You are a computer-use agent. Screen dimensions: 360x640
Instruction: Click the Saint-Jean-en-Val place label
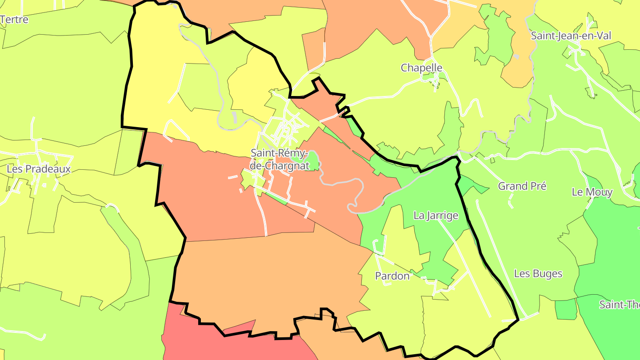[571, 36]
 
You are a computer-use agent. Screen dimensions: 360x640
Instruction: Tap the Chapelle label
[421, 68]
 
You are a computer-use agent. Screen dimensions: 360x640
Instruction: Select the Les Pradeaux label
[39, 169]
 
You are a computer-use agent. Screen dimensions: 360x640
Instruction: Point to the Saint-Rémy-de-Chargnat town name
[280, 159]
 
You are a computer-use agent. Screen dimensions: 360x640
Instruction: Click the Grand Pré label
[522, 186]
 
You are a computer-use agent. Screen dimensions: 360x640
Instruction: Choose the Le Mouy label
[592, 192]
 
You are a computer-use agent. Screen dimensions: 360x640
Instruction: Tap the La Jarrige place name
[436, 216]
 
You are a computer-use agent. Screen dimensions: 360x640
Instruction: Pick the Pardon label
[392, 276]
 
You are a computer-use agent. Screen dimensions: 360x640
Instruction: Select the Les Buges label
[538, 273]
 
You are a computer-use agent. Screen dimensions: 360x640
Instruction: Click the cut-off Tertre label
[14, 20]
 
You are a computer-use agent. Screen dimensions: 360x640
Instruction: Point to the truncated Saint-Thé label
[619, 305]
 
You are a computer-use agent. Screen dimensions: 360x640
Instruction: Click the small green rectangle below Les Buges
[566, 309]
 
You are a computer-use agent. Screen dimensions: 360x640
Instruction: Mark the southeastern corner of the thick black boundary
[518, 319]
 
